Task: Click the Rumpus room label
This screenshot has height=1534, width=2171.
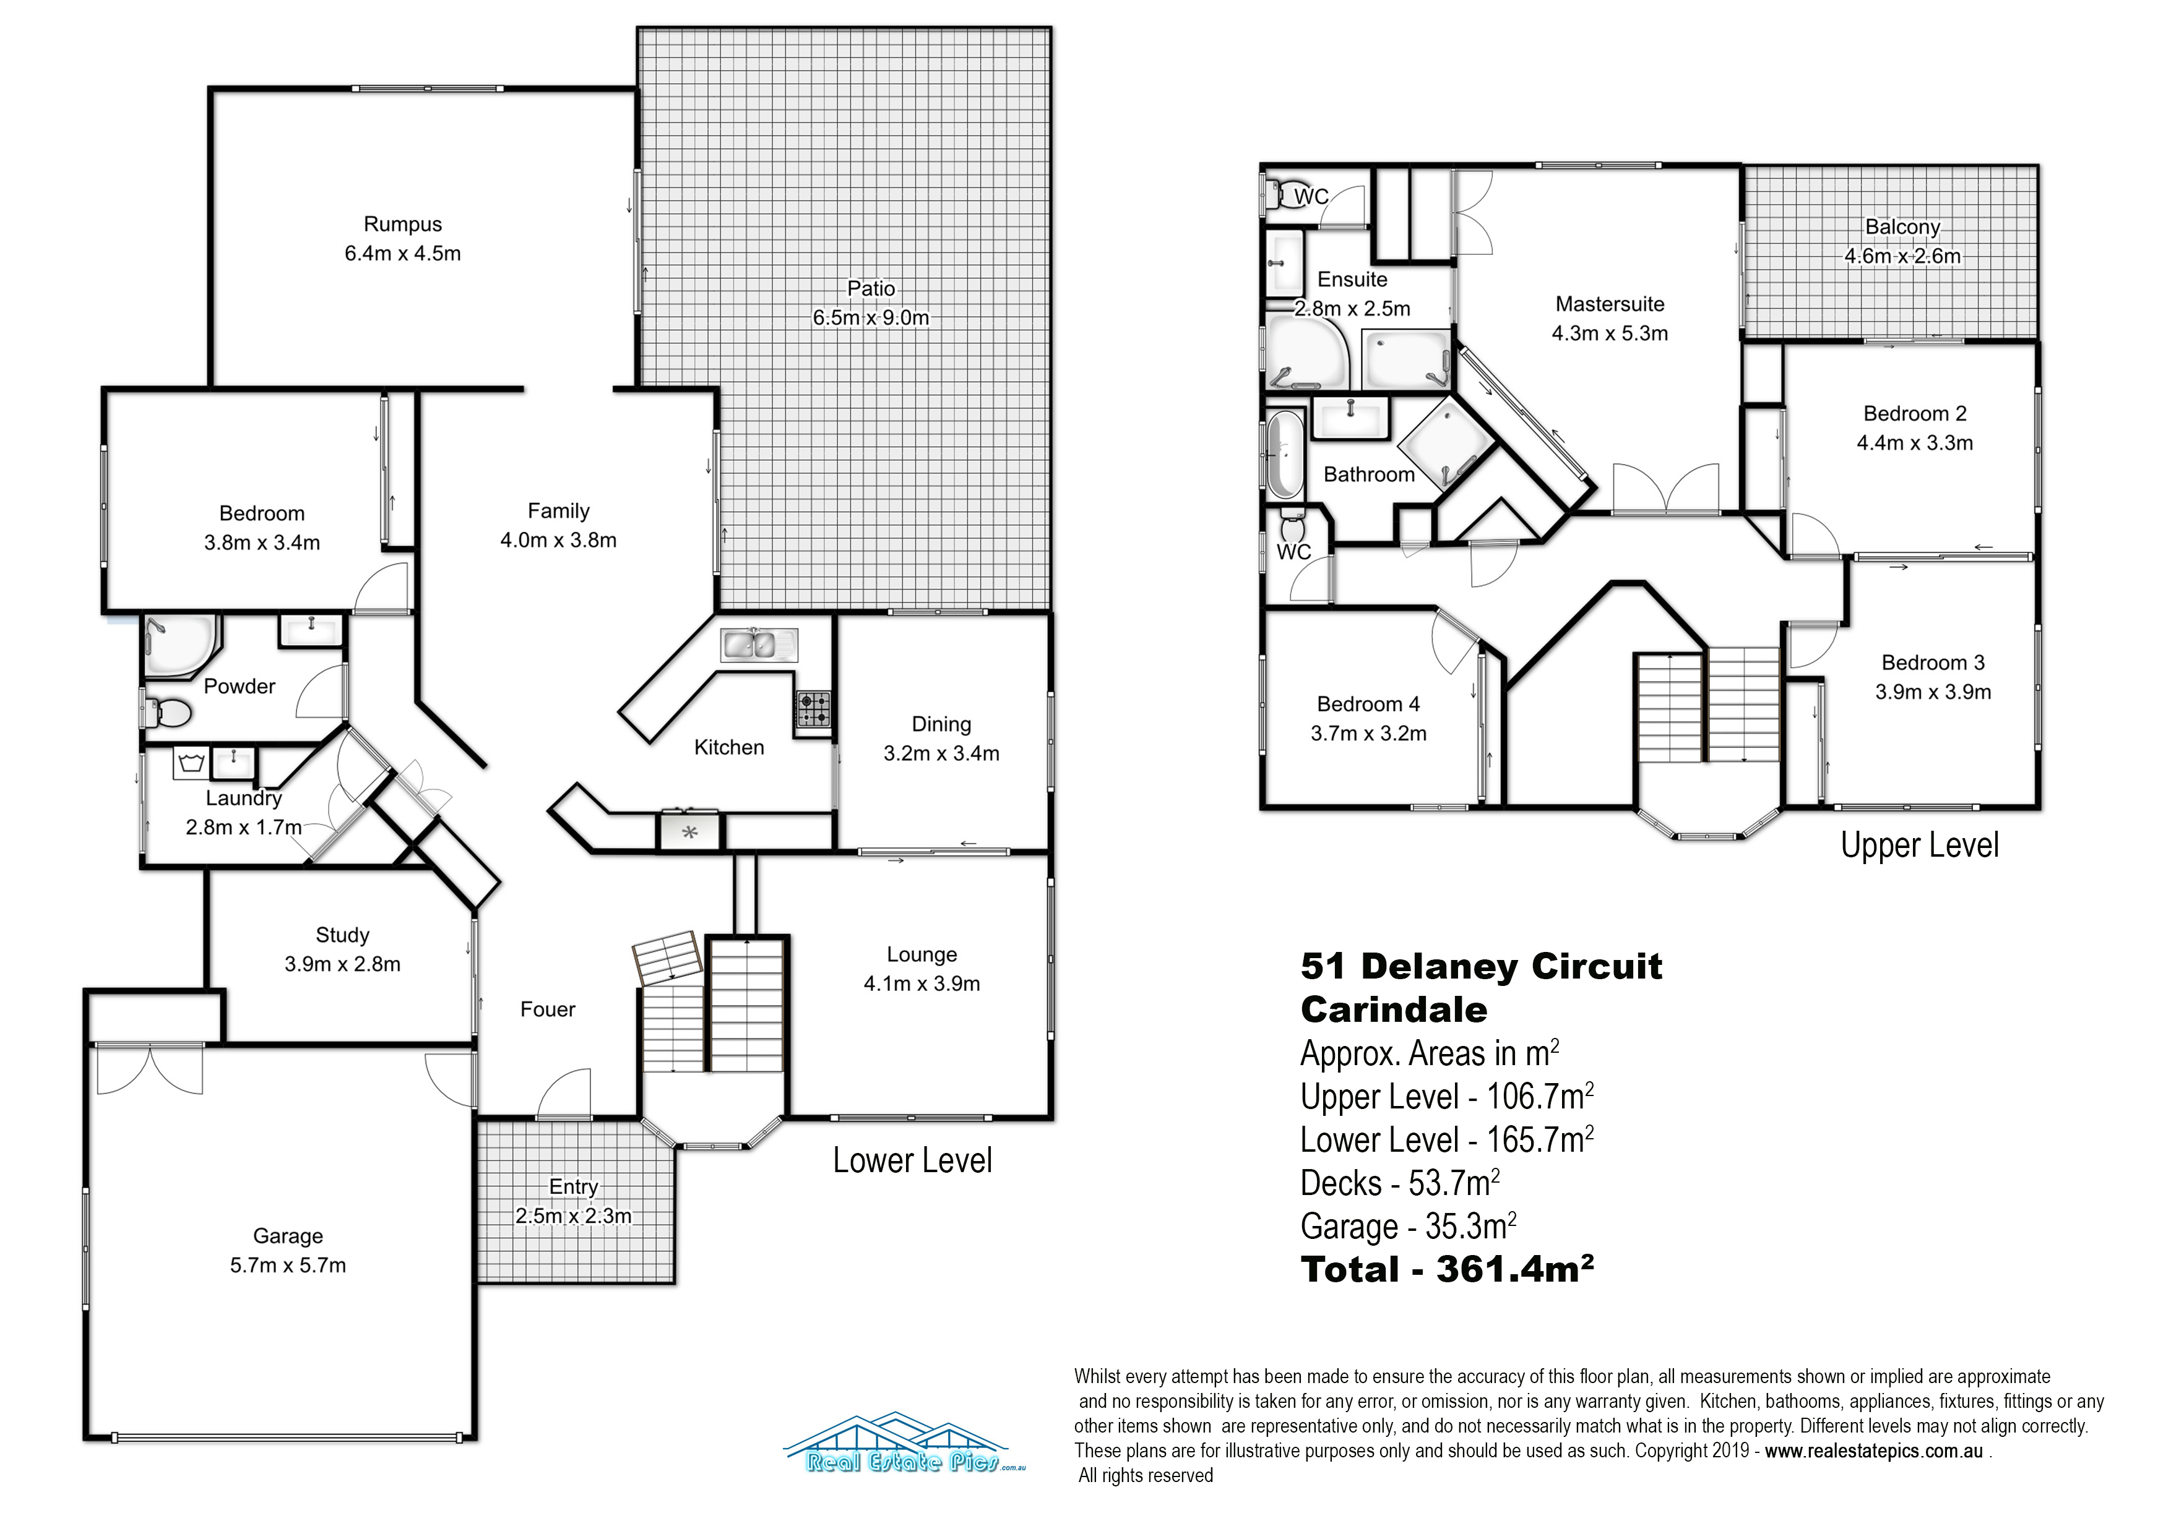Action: pyautogui.click(x=403, y=224)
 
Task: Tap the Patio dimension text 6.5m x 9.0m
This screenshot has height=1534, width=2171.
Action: pyautogui.click(x=871, y=317)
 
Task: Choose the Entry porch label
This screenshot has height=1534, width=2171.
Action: pyautogui.click(x=574, y=1187)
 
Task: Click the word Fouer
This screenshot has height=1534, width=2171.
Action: pyautogui.click(x=548, y=1009)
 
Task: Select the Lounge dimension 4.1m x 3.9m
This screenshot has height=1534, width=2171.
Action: pyautogui.click(x=922, y=984)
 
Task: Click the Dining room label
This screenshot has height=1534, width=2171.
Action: pyautogui.click(x=941, y=725)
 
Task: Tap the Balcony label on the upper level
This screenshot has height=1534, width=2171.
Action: pyautogui.click(x=1902, y=228)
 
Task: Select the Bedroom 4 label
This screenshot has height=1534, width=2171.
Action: pyautogui.click(x=1368, y=704)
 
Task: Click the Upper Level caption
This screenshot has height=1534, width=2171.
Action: pyautogui.click(x=1920, y=845)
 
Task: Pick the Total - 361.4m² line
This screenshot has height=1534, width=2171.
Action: pyautogui.click(x=1448, y=1269)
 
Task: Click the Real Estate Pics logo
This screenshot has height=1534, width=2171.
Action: pyautogui.click(x=905, y=1443)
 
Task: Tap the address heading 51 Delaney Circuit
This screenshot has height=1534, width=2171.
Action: pyautogui.click(x=1482, y=966)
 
